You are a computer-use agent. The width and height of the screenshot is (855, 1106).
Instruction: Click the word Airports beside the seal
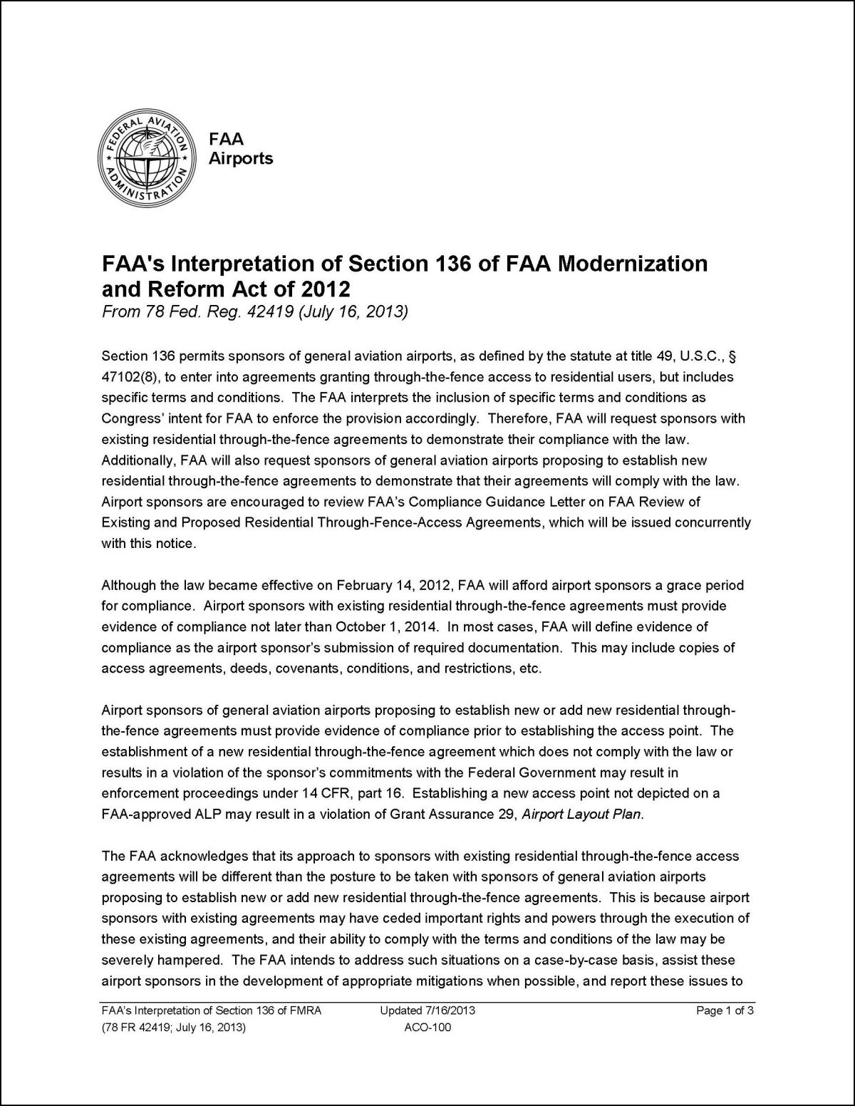click(x=240, y=158)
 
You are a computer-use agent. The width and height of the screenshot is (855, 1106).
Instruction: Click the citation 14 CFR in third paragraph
click(x=269, y=793)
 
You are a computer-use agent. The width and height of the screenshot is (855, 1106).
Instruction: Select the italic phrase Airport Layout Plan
click(x=581, y=815)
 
